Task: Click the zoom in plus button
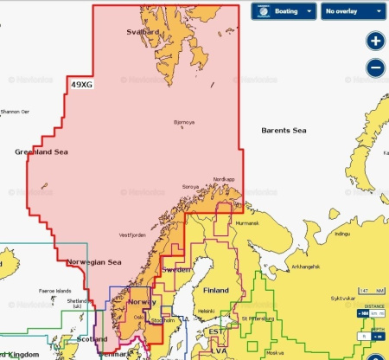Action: click(x=374, y=42)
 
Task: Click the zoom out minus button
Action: click(x=374, y=67)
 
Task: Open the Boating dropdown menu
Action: click(x=282, y=11)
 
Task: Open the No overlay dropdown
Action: click(x=352, y=11)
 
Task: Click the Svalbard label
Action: click(x=144, y=31)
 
